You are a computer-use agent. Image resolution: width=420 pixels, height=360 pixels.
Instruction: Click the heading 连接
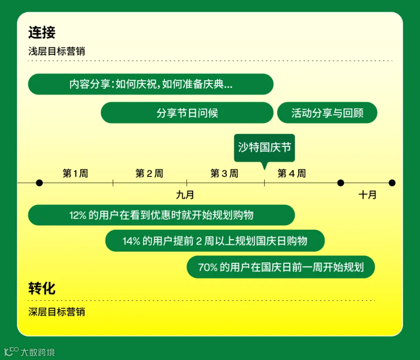[42, 32]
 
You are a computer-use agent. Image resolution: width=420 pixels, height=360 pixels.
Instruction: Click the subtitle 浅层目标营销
[56, 51]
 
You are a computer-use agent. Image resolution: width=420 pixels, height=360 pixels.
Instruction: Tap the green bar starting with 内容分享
[151, 84]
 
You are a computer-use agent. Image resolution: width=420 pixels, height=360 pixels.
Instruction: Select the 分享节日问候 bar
[187, 113]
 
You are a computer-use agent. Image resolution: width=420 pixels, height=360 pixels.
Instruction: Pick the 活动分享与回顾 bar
[327, 113]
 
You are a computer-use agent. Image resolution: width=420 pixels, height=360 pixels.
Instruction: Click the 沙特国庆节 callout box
[265, 148]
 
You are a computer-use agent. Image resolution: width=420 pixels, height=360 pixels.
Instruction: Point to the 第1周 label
[75, 173]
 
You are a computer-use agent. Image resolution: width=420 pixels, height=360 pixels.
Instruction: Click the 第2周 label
[149, 173]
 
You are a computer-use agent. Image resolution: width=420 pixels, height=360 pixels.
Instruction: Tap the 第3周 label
[224, 173]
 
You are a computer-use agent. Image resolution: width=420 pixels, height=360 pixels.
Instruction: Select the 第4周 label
[291, 173]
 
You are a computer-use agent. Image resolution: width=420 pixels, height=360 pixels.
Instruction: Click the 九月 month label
[185, 195]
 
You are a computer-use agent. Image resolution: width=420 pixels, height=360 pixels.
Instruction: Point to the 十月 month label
[368, 195]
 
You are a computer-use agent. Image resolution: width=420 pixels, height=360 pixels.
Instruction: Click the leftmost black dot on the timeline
[39, 183]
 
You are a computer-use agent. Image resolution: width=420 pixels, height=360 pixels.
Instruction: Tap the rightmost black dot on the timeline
[392, 183]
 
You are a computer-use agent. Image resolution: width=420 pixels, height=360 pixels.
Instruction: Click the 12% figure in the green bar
[77, 215]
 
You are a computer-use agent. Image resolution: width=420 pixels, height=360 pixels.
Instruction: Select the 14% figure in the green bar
[131, 241]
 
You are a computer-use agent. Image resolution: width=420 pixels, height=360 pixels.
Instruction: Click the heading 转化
[42, 289]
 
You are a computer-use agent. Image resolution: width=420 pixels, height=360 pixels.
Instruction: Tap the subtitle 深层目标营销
[56, 312]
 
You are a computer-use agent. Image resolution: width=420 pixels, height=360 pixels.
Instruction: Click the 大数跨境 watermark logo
[29, 352]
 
